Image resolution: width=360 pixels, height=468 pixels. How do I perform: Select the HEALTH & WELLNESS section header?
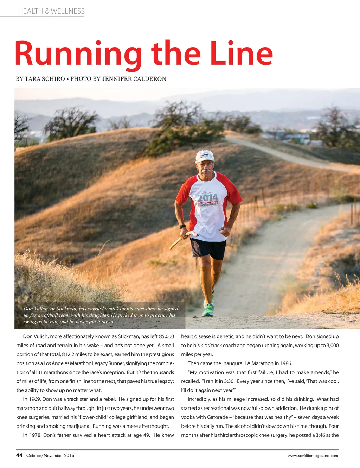(x=51, y=11)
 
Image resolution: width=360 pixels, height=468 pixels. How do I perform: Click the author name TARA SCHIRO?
(x=45, y=79)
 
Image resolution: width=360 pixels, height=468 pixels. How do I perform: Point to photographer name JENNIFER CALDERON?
(x=134, y=79)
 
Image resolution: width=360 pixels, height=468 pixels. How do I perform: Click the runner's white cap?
(x=205, y=155)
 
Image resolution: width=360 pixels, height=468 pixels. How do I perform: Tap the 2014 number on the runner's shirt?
(x=207, y=197)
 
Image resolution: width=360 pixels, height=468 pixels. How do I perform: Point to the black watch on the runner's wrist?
(x=182, y=227)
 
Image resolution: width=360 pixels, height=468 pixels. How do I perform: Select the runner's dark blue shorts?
(x=208, y=248)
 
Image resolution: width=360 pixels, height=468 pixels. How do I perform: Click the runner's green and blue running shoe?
(x=208, y=310)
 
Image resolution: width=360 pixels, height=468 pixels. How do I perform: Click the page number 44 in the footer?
(x=19, y=455)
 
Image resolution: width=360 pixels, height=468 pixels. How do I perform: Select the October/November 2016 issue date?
(x=50, y=456)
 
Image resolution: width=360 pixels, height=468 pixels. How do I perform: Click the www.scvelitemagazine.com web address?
(x=313, y=456)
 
